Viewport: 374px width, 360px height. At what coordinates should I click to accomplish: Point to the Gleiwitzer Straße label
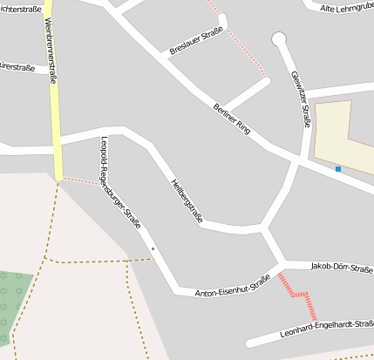click(300, 98)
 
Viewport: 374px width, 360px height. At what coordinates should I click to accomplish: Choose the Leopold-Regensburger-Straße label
click(121, 182)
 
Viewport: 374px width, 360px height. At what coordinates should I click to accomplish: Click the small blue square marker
click(337, 169)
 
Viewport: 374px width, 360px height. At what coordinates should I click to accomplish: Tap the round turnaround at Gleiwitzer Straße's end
click(279, 38)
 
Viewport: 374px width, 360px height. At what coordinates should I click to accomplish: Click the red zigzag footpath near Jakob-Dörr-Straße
click(298, 295)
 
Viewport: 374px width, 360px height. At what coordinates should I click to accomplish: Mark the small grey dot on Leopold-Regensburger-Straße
click(153, 249)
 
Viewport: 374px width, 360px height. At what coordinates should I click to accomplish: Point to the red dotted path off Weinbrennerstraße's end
click(81, 181)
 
